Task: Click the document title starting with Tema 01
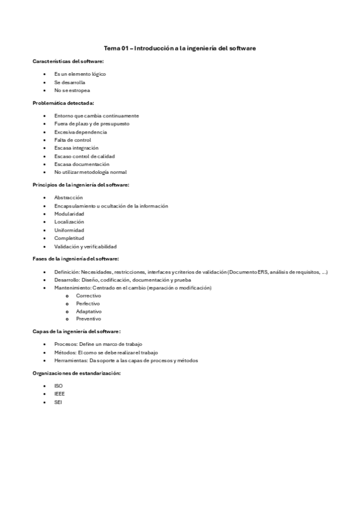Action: coord(180,48)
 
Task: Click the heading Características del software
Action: coord(68,61)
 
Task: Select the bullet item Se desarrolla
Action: coord(69,82)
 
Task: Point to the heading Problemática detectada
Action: coord(63,103)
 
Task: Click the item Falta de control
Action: coord(72,140)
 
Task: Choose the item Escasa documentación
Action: coord(81,164)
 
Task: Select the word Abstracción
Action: coord(69,197)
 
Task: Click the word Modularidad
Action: coord(69,214)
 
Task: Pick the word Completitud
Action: coord(69,238)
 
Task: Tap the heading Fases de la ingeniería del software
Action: coord(76,259)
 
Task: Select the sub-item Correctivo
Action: coord(88,296)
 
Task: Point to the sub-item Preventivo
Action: coord(88,319)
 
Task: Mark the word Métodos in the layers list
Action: coord(64,352)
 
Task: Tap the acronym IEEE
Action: coord(59,394)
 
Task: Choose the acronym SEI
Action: coord(58,402)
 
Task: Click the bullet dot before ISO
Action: coord(45,386)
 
